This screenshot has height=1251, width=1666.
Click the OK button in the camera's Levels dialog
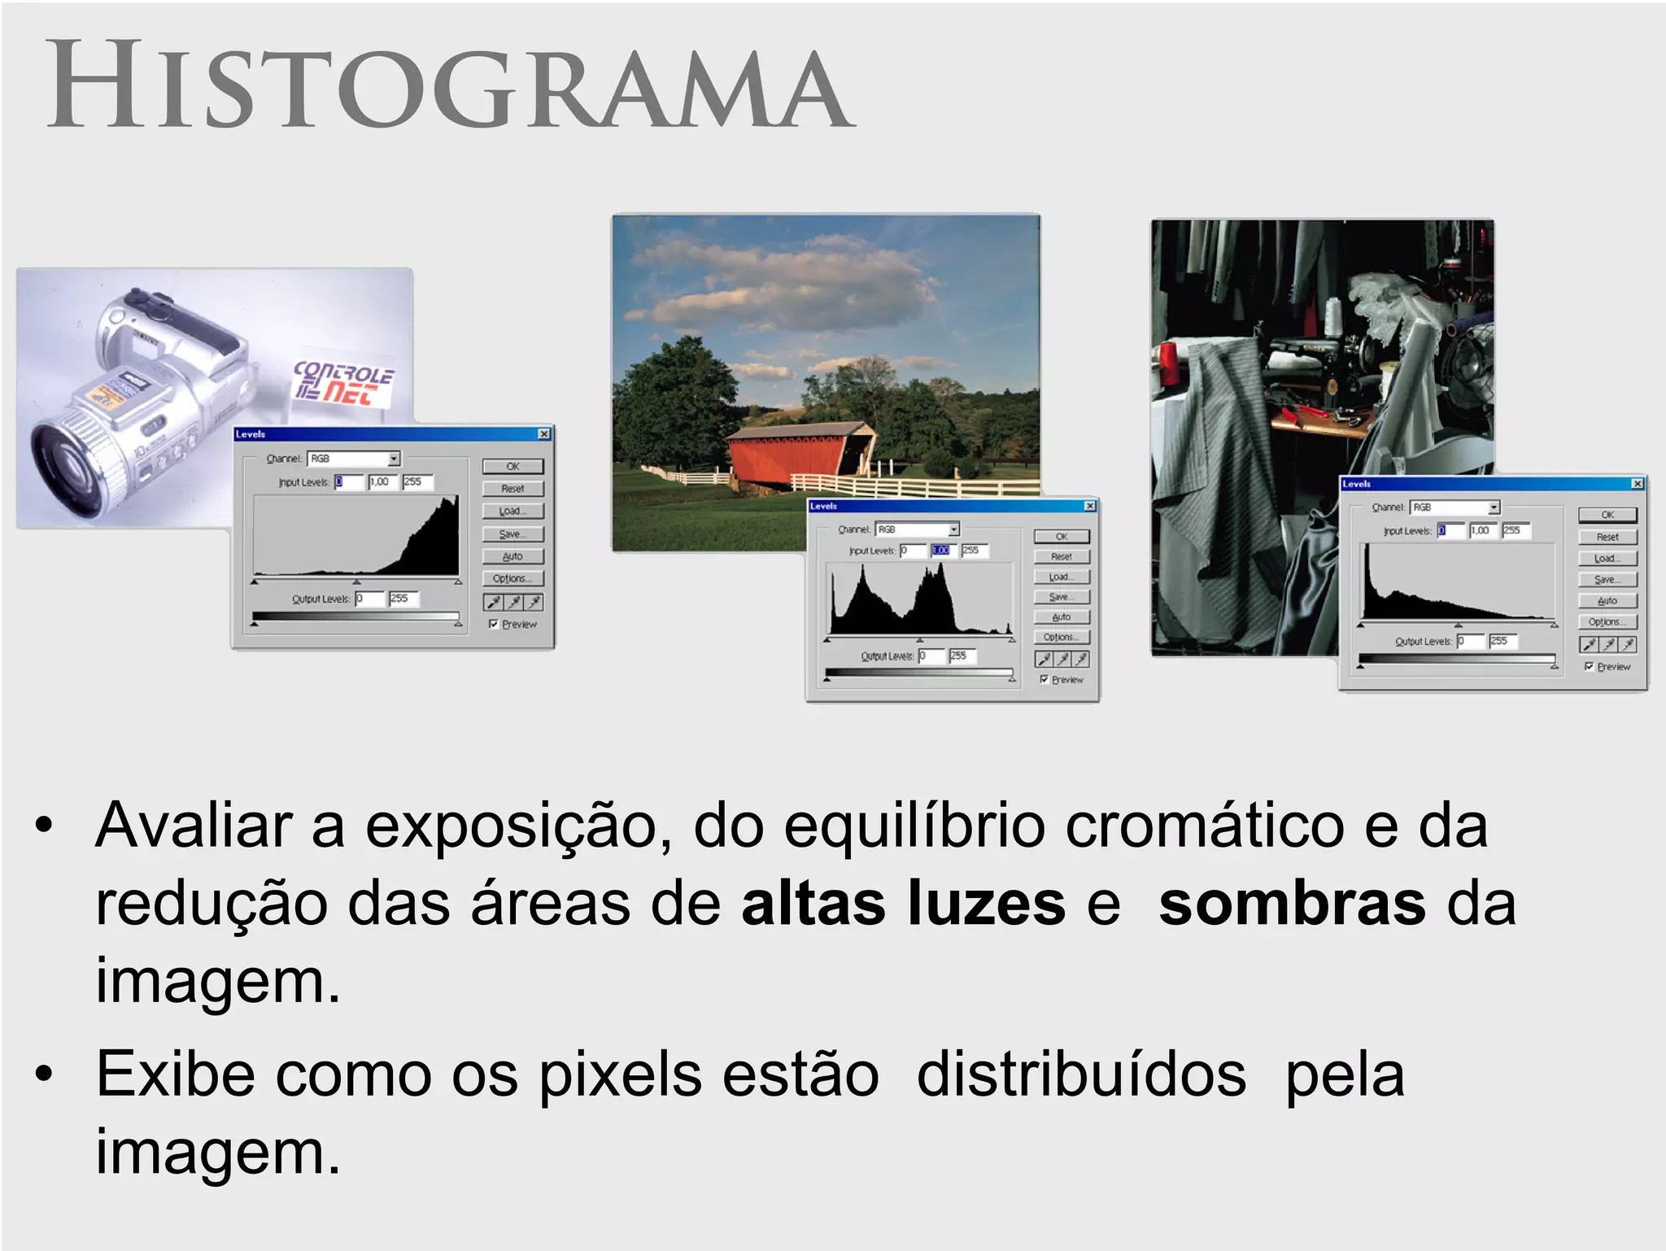(512, 466)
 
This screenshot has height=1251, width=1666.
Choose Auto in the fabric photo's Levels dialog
(1607, 600)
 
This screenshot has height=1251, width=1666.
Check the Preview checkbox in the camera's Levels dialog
(494, 624)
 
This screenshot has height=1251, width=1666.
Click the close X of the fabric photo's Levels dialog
(1638, 484)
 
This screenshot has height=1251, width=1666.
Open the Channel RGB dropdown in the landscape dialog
(953, 530)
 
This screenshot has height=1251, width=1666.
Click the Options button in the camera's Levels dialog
(512, 578)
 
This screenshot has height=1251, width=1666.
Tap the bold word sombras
(1292, 904)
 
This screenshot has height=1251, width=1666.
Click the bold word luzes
(986, 904)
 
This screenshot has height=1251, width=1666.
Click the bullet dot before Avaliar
(44, 826)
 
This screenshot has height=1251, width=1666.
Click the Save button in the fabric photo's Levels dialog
(1607, 579)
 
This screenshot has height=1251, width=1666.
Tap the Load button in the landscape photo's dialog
(1061, 577)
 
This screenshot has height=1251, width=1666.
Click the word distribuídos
(1081, 1074)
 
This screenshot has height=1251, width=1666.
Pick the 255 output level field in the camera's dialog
(403, 599)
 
